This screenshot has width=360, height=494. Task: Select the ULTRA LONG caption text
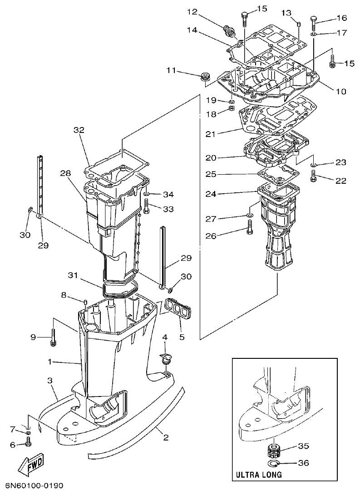point(258,475)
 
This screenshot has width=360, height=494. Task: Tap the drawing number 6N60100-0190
point(32,486)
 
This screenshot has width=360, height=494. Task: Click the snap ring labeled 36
point(273,463)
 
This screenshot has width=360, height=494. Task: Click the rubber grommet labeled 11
point(205,76)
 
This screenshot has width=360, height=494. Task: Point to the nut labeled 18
point(231,109)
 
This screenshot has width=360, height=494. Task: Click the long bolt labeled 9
point(53,337)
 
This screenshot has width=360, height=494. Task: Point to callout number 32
point(79,130)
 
